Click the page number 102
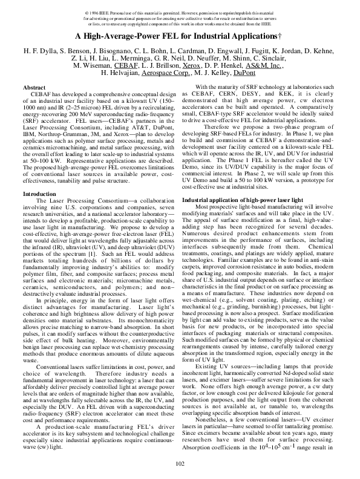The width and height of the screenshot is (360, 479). (179, 463)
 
